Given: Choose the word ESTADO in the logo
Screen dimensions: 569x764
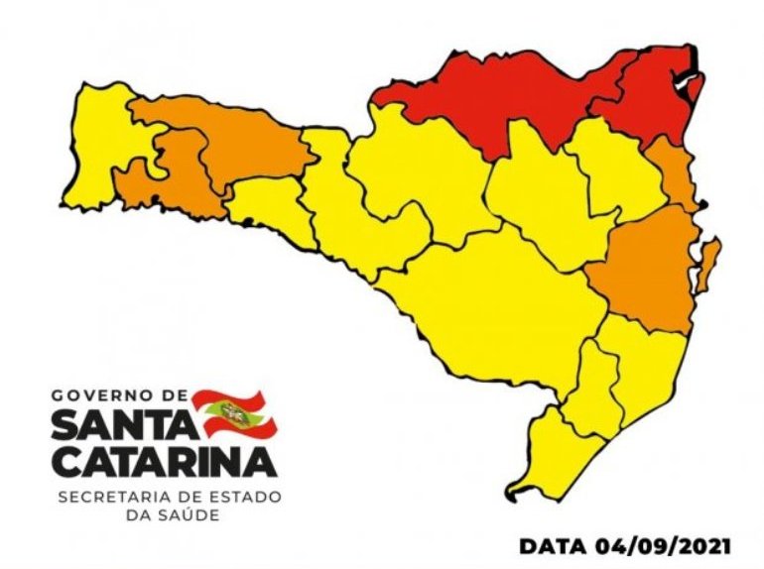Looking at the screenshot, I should point(248,496).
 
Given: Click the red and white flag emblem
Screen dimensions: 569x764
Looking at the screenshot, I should point(234,415).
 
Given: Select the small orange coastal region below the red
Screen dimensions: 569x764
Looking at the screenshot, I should point(675,173).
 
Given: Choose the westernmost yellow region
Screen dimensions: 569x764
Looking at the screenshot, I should point(99,149).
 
